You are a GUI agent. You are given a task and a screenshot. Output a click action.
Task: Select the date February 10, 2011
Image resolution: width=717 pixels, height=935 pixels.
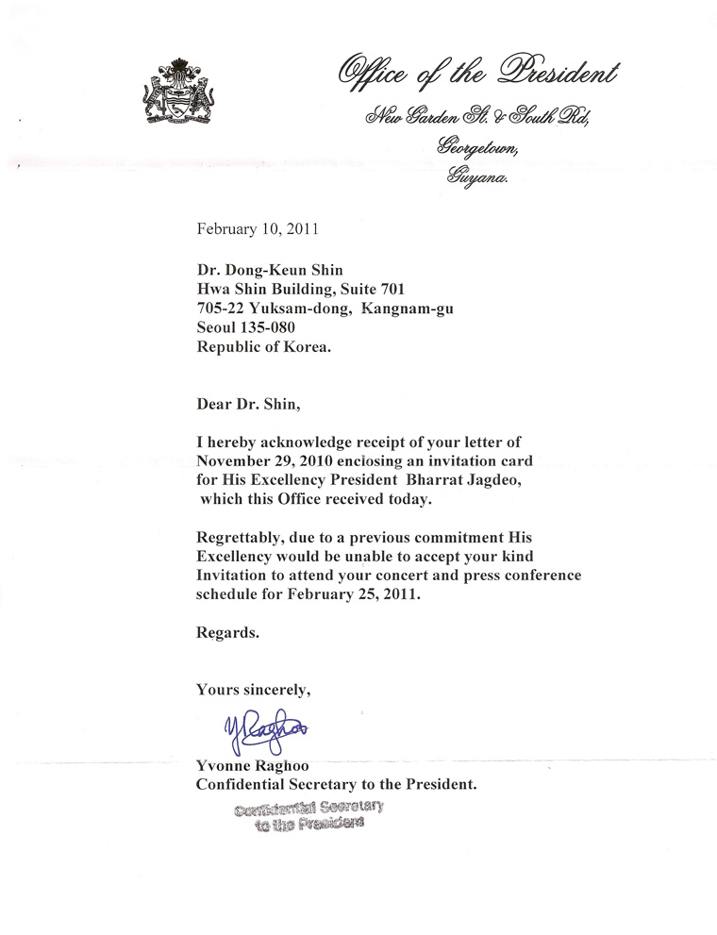[x=258, y=227]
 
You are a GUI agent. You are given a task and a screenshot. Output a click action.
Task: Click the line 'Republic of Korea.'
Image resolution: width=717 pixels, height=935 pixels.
[x=264, y=346]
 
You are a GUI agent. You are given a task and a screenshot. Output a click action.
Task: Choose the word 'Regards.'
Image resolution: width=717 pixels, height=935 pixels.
[x=226, y=633]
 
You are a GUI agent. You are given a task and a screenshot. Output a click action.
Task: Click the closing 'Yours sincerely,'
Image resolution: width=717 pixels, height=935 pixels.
[x=253, y=690]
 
